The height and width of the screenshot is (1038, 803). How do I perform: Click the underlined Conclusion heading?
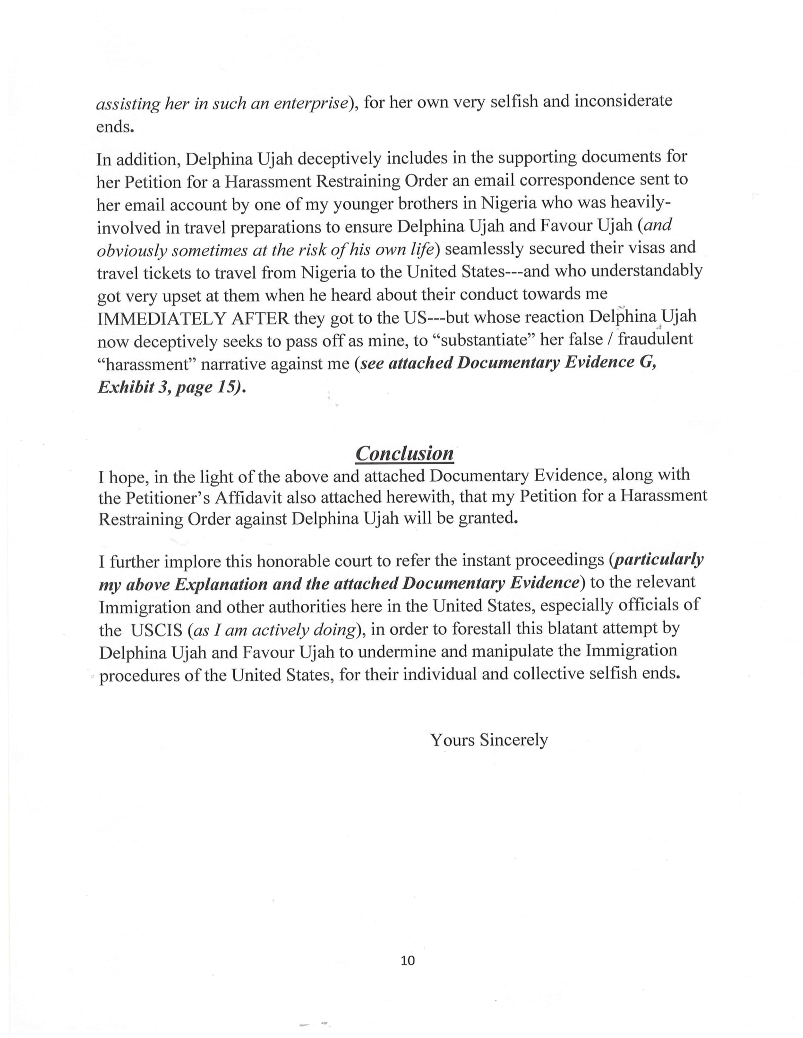tap(404, 453)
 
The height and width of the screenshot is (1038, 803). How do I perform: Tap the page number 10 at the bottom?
tap(408, 961)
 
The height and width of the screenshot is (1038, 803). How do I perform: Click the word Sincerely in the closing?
tap(514, 740)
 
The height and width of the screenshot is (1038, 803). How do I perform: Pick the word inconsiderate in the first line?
tap(623, 101)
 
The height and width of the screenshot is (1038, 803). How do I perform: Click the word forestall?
tap(481, 629)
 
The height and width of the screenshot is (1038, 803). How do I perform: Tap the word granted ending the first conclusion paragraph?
tap(487, 518)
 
